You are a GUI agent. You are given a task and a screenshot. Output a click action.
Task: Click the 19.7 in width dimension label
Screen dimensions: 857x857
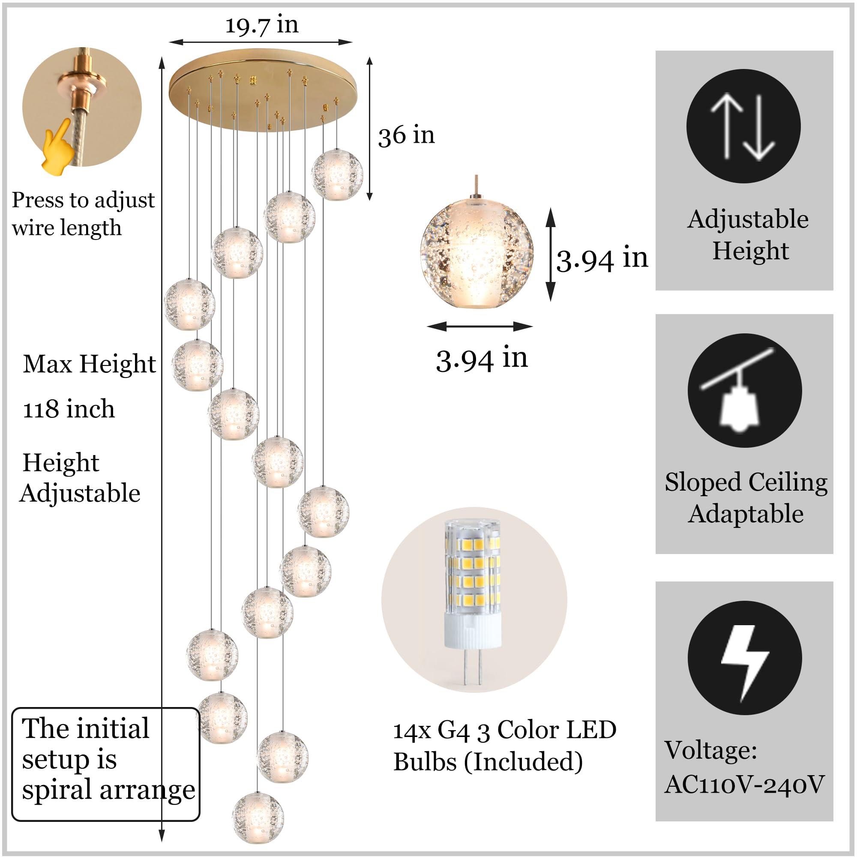pos(262,25)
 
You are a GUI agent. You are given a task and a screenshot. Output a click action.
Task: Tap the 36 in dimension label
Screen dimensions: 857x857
pos(406,135)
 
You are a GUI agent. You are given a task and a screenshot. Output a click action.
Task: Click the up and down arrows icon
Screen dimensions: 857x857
pos(743,126)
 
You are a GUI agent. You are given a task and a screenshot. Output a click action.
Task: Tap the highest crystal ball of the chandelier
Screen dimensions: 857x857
pos(337,174)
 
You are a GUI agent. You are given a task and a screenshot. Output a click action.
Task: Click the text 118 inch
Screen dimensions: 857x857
pos(69,409)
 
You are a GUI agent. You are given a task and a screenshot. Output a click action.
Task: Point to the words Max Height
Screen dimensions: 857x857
pos(89,364)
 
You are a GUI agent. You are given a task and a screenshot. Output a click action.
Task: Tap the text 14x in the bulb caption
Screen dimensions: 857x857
pos(412,731)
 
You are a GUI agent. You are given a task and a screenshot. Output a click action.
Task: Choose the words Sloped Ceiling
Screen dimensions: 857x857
pos(746,482)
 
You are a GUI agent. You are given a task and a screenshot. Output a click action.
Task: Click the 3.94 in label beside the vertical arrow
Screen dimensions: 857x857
pos(602,259)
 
